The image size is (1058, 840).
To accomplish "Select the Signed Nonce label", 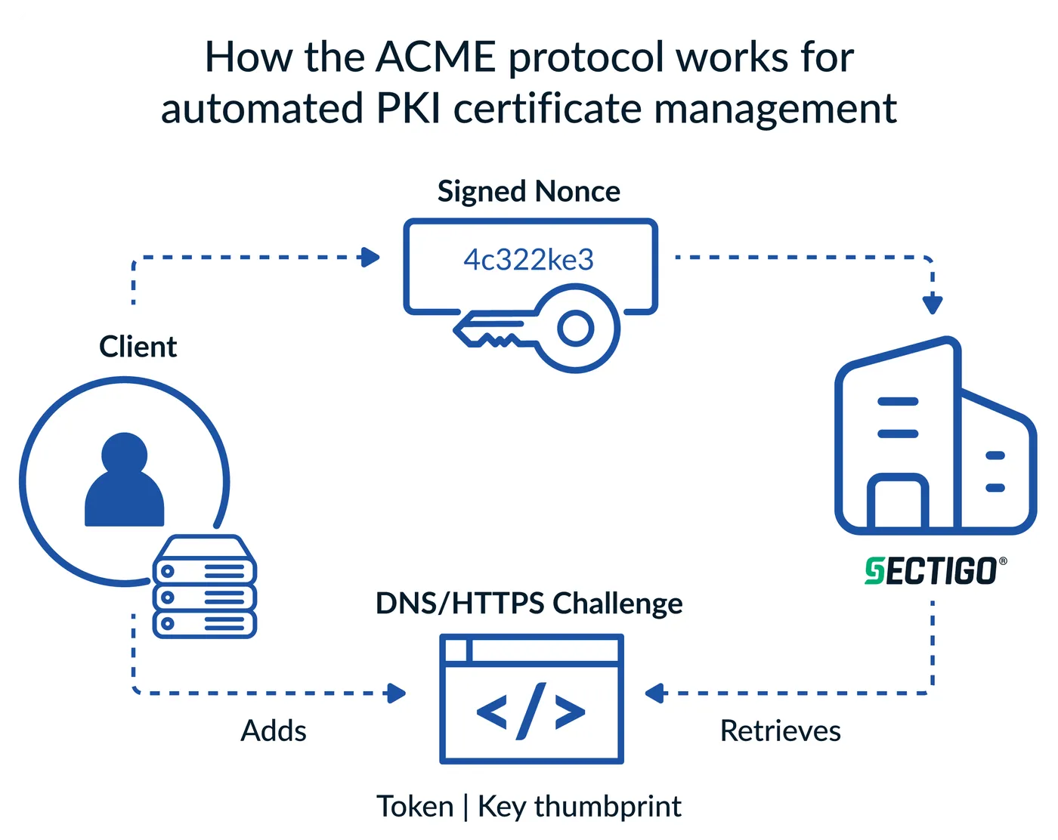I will coord(529,191).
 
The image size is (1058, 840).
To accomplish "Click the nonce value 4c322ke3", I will coord(529,260).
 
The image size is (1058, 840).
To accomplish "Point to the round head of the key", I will coord(577,329).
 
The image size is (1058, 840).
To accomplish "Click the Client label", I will coord(138,347).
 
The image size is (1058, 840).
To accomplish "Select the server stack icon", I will coord(205,587).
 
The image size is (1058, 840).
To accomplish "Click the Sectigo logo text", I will coord(931,571).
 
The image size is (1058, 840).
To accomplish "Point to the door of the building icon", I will coord(897,504).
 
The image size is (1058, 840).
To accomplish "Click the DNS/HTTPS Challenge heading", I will coord(529,604).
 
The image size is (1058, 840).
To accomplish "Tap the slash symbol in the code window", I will coord(531,711).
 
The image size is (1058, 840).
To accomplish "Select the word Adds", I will coord(274,731).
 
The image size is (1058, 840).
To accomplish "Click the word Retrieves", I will coord(781,731).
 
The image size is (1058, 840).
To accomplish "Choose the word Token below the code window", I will coord(414,807).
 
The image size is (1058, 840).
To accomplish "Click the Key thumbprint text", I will coord(580,807).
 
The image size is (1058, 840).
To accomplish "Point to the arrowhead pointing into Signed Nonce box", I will coord(370,258).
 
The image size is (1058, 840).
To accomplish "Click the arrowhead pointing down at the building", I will coord(933,304).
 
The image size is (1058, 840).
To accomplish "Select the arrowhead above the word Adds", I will coord(397,693).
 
